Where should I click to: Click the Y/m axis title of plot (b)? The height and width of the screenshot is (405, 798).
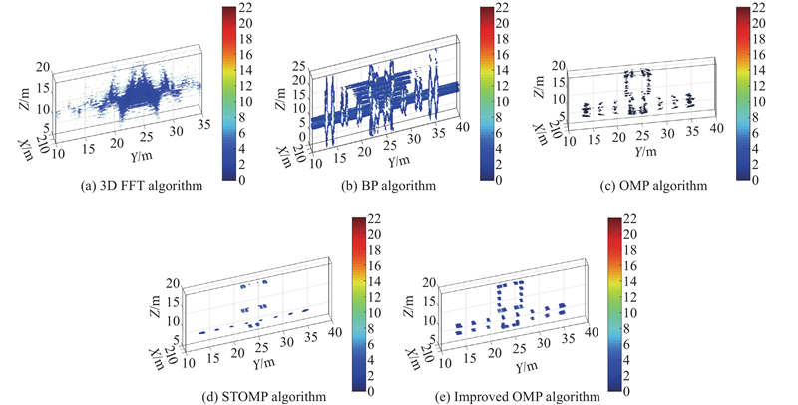[x=400, y=161]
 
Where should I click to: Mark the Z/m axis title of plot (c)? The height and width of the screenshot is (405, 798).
[x=539, y=89]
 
